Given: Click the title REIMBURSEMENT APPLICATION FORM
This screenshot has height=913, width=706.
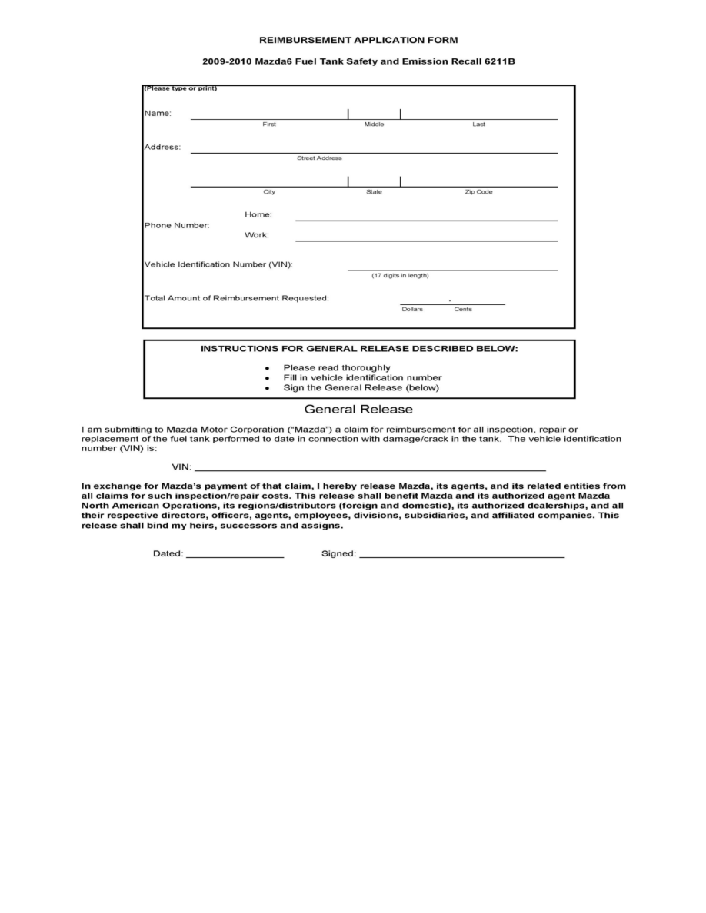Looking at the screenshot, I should (x=358, y=39).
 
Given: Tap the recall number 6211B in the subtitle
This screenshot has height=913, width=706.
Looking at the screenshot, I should (x=499, y=60).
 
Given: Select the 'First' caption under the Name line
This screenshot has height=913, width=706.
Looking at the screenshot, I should (x=269, y=124).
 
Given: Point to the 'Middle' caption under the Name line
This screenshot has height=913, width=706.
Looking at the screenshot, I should (x=374, y=124).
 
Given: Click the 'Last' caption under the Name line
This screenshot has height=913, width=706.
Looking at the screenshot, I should (x=478, y=124).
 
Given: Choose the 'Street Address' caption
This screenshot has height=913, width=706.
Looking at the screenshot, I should (x=319, y=158).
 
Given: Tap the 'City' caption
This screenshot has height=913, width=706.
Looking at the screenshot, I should (x=269, y=192).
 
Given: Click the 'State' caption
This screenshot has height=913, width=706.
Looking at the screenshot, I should (x=374, y=192).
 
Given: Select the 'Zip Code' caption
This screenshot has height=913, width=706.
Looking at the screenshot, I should (x=478, y=192).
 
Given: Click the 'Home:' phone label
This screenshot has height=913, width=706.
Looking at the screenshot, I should (x=258, y=215).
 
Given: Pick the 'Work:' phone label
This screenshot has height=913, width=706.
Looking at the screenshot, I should (x=257, y=235).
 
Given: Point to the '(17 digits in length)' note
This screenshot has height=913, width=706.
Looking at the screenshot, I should (x=400, y=275).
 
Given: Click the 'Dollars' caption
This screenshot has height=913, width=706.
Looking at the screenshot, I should (x=412, y=310).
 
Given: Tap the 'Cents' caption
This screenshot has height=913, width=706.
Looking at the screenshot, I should (x=463, y=310).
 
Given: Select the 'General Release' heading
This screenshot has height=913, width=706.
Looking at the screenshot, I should (x=358, y=410).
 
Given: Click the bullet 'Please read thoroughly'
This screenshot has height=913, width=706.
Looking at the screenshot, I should (x=336, y=368).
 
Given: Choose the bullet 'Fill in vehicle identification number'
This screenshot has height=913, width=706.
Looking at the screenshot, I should (x=362, y=378).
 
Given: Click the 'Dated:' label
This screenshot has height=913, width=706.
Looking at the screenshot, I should (x=168, y=554).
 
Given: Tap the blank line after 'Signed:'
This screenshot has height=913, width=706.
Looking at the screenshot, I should (x=462, y=555).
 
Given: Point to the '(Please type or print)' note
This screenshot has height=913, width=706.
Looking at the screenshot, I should (x=180, y=88).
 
